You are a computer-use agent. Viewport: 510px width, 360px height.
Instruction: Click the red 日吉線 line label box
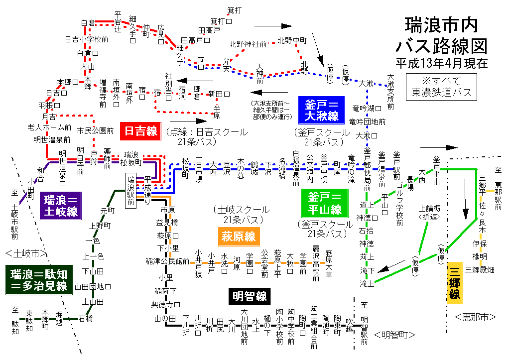[x=141, y=131]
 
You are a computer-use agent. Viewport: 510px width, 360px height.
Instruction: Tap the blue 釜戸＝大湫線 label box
[x=322, y=111]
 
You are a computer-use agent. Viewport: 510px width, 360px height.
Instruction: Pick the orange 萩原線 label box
[x=239, y=236]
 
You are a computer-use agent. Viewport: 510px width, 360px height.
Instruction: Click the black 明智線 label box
[x=249, y=297]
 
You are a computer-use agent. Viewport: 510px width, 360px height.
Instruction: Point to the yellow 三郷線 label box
[x=455, y=282]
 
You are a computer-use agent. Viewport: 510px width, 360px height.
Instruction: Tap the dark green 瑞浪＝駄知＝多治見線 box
[x=39, y=279]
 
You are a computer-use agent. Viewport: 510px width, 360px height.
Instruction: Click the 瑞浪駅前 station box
[x=131, y=191]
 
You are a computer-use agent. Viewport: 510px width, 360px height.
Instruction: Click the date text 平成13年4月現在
[x=441, y=63]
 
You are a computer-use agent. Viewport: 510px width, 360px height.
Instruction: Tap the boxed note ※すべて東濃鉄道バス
[x=441, y=86]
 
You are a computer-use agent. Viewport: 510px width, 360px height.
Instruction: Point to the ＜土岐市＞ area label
[x=27, y=252]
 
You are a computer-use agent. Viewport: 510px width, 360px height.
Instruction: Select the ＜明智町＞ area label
[x=394, y=335]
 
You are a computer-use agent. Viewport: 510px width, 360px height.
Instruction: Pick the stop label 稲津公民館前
[x=167, y=260]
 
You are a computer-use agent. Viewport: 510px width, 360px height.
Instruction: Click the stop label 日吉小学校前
[x=87, y=39]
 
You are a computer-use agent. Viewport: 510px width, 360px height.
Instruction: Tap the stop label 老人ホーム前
[x=50, y=127]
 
